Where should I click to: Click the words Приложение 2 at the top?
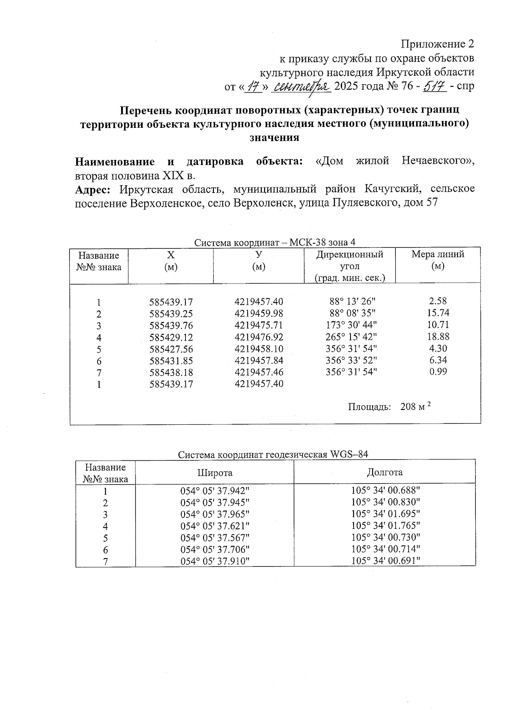coord(437,44)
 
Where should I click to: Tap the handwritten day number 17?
coord(253,86)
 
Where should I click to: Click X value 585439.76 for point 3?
coord(171,326)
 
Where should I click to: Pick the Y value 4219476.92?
coord(259,337)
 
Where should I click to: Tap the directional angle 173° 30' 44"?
coord(351,325)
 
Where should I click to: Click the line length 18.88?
coord(439,336)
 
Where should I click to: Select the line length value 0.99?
coord(438,372)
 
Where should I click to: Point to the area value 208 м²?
coord(415,407)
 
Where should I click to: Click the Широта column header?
coord(215,473)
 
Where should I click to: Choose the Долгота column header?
coord(384,472)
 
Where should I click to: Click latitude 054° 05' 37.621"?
coord(215,526)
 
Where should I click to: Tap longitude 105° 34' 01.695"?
coord(385,514)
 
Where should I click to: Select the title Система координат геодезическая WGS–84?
coord(273,454)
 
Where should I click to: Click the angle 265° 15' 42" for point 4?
coord(351,337)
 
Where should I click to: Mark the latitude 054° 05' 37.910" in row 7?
coord(215,561)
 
